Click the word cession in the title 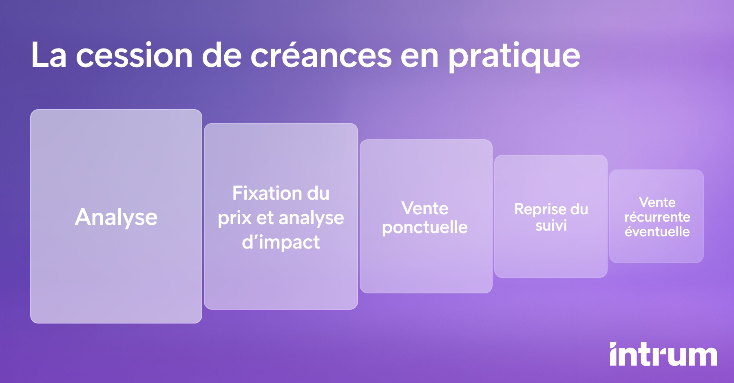134,55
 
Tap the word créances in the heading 321,55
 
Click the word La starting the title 49,55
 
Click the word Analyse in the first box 116,217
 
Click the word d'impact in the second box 281,242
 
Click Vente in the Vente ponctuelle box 425,209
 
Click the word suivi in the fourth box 551,225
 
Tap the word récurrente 657,217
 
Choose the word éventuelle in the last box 657,232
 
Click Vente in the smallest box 657,202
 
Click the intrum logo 663,354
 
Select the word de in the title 222,55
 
